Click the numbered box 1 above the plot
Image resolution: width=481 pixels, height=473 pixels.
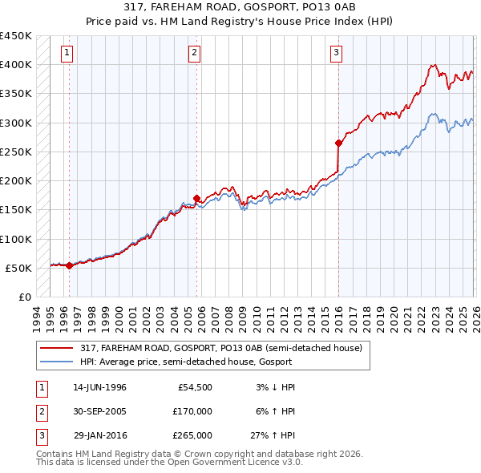[x=67, y=54]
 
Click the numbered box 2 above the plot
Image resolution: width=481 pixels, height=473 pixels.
[x=195, y=54]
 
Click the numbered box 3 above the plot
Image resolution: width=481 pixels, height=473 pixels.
[x=336, y=54]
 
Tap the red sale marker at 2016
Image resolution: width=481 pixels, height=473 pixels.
[x=338, y=144]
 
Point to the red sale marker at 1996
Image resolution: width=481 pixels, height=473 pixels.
[x=69, y=265]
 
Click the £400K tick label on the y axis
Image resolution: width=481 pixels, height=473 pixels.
[x=16, y=65]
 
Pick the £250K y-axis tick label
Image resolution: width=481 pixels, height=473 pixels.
[x=16, y=152]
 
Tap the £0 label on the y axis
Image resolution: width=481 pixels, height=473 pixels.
[x=24, y=297]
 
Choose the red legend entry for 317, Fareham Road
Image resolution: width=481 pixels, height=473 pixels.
[x=221, y=348]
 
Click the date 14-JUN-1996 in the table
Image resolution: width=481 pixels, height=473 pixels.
[x=99, y=387]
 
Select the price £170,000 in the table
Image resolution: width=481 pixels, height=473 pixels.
[x=192, y=411]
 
